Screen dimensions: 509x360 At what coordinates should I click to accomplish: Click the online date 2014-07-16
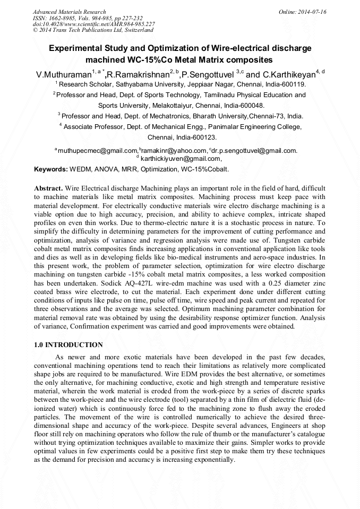(x=312, y=12)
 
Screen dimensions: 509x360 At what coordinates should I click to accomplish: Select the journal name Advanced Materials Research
(x=69, y=12)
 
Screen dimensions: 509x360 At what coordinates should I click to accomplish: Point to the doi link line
(x=93, y=24)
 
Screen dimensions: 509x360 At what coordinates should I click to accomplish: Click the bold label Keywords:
(x=51, y=170)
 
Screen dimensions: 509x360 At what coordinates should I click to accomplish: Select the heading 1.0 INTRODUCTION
(x=68, y=345)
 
